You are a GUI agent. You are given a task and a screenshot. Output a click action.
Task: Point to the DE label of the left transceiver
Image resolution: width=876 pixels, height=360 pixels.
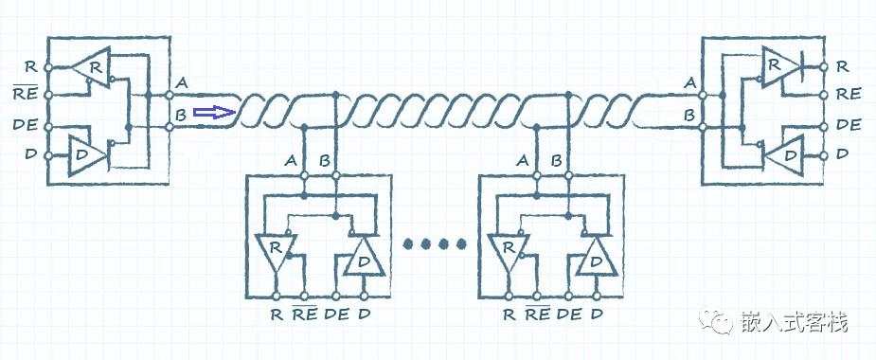[x=26, y=124]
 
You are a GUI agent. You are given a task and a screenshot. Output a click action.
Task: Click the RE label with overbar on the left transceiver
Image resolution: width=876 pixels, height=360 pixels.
[x=26, y=95]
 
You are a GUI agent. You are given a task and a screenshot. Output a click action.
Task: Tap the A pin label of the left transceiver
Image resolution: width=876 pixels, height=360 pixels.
[x=182, y=83]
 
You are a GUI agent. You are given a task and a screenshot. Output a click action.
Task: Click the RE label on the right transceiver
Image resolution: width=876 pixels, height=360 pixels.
[x=849, y=94]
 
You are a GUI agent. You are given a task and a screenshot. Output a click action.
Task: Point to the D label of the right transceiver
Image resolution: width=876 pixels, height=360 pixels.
[x=843, y=153]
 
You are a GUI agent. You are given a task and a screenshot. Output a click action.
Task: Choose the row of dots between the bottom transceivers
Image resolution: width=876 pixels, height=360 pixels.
[x=435, y=243]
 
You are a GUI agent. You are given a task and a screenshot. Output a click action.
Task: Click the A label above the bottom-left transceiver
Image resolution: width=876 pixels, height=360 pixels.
[x=291, y=160]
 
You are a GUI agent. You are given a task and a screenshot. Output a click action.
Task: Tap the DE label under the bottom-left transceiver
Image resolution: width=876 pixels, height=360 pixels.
[x=335, y=315]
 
